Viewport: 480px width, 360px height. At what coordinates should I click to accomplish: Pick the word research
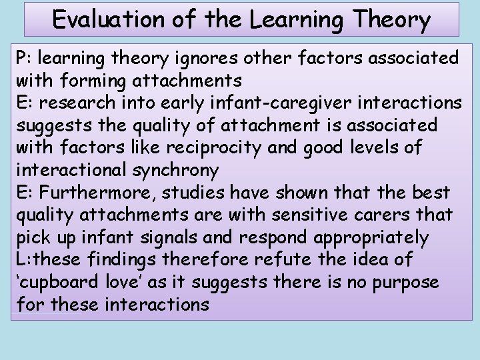81,103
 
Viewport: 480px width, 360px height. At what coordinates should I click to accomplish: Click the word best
431,193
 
